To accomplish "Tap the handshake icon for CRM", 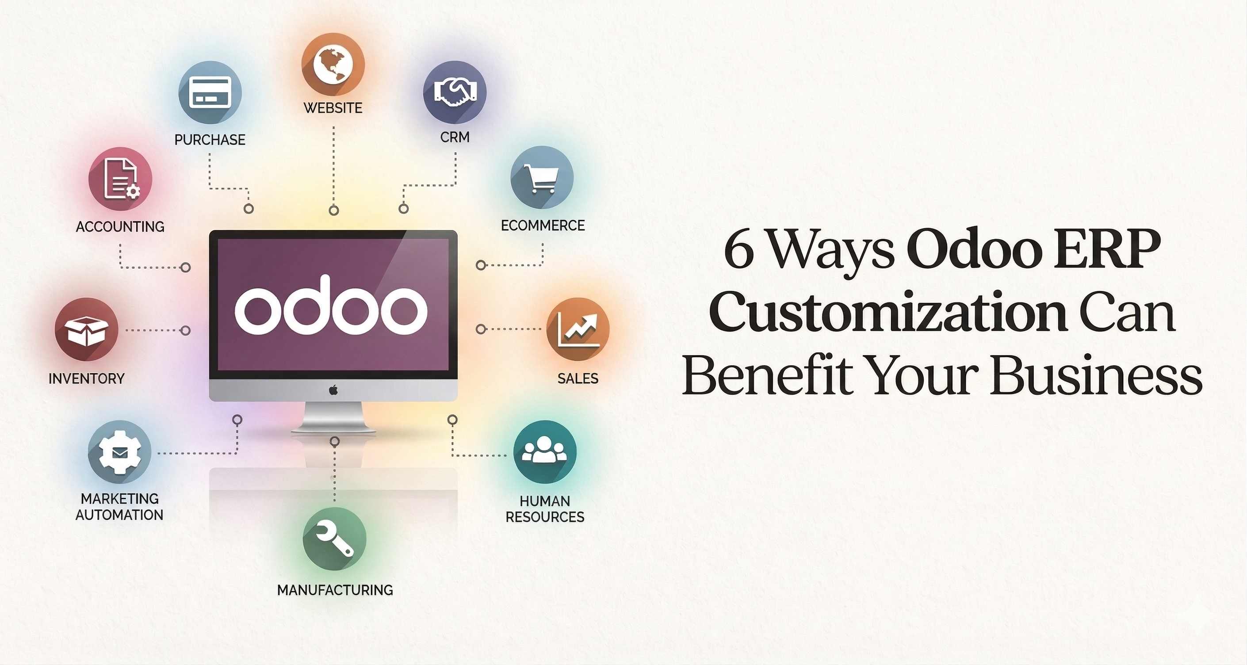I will (455, 92).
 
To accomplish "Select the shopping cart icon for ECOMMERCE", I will (542, 178).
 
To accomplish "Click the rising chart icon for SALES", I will (578, 329).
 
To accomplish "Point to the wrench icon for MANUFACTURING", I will (334, 539).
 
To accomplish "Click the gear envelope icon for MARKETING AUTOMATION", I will (119, 452).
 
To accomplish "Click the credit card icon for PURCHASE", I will (210, 92).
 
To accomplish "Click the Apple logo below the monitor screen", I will (333, 390).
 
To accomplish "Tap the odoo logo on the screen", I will (331, 308).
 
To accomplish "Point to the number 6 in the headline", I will (739, 251).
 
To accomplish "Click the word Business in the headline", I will (1097, 375).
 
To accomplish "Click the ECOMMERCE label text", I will (543, 225).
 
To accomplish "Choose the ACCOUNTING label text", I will (120, 226).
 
